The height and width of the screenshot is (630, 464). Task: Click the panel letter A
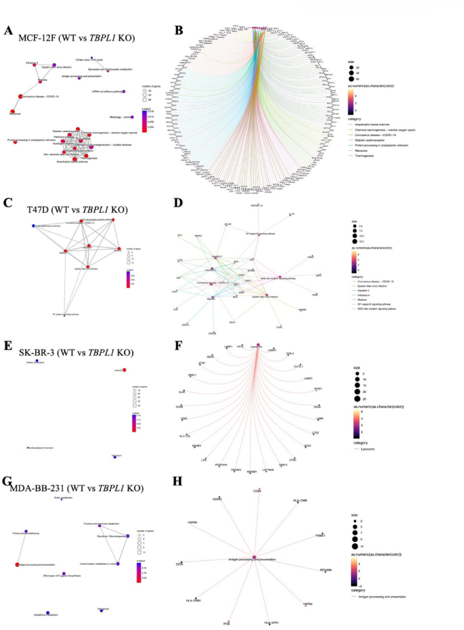click(x=7, y=30)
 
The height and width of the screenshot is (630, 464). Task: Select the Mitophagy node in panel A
click(x=133, y=117)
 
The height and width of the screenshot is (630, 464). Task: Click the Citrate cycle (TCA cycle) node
click(x=92, y=64)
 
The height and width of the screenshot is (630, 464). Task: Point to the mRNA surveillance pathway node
click(x=124, y=91)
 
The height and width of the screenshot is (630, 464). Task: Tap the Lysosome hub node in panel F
click(x=258, y=346)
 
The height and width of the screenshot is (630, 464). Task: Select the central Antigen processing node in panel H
click(x=254, y=557)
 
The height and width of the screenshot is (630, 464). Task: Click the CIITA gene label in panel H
click(x=180, y=564)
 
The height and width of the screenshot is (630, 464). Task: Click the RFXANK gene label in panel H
click(x=326, y=570)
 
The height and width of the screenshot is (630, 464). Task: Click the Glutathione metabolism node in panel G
click(x=47, y=612)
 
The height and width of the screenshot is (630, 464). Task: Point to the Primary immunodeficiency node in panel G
click(x=26, y=531)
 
